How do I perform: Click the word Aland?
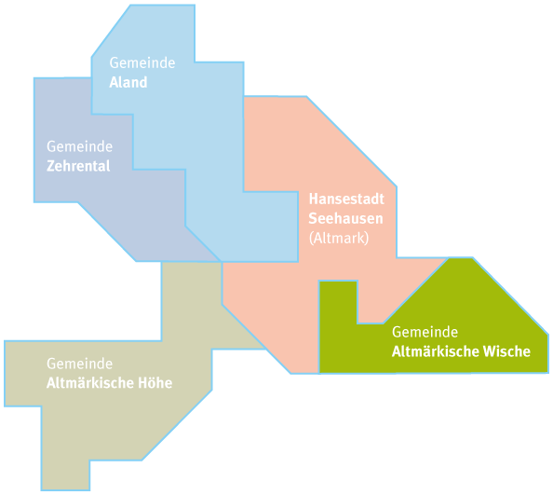(128, 82)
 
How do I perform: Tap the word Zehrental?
(78, 166)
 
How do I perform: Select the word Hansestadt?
(346, 199)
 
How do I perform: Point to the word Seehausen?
(345, 218)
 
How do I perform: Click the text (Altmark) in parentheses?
(339, 238)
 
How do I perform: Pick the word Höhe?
(155, 383)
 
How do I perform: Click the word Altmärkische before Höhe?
(90, 383)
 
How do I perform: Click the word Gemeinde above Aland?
(142, 62)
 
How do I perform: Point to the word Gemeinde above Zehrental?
(80, 146)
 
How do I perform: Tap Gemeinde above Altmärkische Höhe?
(80, 364)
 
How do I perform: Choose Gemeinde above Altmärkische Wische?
(425, 332)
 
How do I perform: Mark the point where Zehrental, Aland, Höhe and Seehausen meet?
(222, 262)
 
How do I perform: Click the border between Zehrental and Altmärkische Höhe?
(191, 262)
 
